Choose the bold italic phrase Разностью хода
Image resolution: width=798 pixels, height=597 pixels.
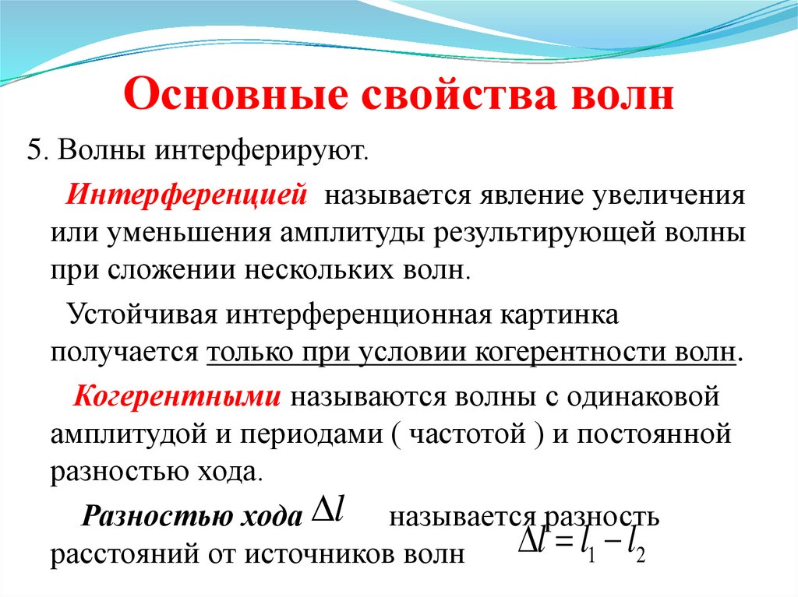[192, 517]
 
